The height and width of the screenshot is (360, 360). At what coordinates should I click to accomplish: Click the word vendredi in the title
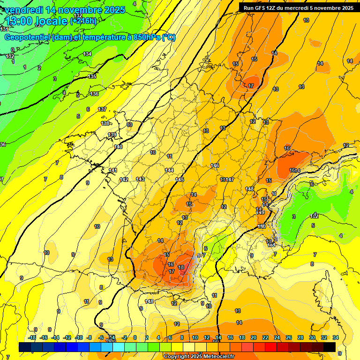[22, 10]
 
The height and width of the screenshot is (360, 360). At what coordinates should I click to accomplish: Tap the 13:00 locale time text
[36, 21]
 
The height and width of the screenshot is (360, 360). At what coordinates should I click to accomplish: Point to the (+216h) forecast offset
[83, 21]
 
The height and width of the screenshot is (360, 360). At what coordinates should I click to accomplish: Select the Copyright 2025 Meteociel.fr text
[199, 356]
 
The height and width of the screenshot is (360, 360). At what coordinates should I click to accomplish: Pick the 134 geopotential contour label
[87, 54]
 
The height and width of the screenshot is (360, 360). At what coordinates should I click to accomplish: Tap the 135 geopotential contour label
[92, 76]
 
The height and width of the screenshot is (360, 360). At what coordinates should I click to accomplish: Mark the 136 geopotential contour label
[95, 94]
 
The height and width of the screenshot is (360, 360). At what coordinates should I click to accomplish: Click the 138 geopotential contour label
[105, 123]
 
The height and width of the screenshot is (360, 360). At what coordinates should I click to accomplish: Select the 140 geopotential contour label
[118, 147]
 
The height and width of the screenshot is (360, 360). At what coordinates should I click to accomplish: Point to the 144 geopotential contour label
[169, 170]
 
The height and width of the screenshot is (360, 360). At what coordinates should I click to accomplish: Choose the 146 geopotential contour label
[215, 165]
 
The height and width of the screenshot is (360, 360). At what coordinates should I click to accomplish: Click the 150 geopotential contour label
[262, 226]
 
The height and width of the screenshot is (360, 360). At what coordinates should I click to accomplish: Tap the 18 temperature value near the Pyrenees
[181, 267]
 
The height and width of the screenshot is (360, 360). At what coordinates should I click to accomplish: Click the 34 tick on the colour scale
[336, 337]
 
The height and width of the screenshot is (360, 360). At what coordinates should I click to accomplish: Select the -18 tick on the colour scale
[32, 337]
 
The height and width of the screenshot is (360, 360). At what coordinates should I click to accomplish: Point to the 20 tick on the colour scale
[254, 337]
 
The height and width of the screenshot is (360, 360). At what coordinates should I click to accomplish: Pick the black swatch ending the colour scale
[330, 347]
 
